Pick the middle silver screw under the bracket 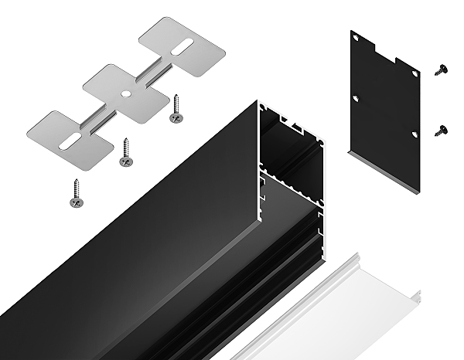coord(125,155)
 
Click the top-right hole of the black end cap coord(415,74)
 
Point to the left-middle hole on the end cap coord(356,99)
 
